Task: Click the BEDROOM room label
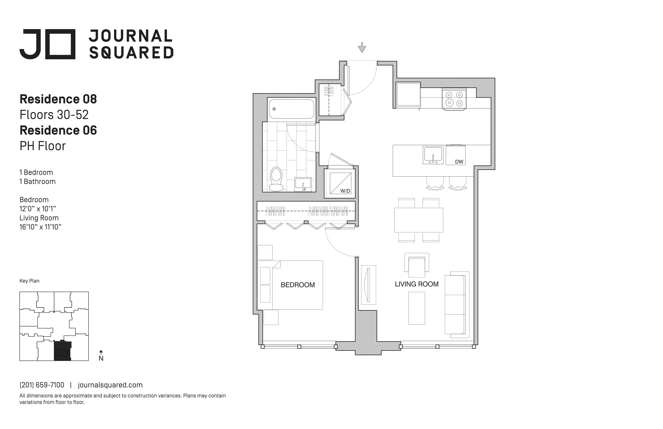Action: pyautogui.click(x=298, y=285)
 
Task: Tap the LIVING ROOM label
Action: pyautogui.click(x=416, y=284)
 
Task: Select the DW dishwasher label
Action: pyautogui.click(x=459, y=161)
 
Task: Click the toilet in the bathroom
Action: pyautogui.click(x=276, y=179)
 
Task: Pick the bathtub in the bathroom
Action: pyautogui.click(x=291, y=109)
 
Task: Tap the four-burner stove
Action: pyautogui.click(x=454, y=99)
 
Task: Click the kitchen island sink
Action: pyautogui.click(x=433, y=155)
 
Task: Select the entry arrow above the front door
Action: pyautogui.click(x=362, y=47)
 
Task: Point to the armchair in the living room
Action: pyautogui.click(x=416, y=265)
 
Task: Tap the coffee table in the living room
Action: pyautogui.click(x=417, y=308)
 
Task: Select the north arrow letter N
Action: pyautogui.click(x=101, y=358)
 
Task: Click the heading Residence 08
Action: pyautogui.click(x=58, y=99)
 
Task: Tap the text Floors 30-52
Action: pyautogui.click(x=54, y=115)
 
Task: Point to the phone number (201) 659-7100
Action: pyautogui.click(x=42, y=385)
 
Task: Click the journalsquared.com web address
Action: pyautogui.click(x=110, y=385)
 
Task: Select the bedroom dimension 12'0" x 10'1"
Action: pyautogui.click(x=38, y=209)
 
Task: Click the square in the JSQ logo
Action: pyautogui.click(x=60, y=44)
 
